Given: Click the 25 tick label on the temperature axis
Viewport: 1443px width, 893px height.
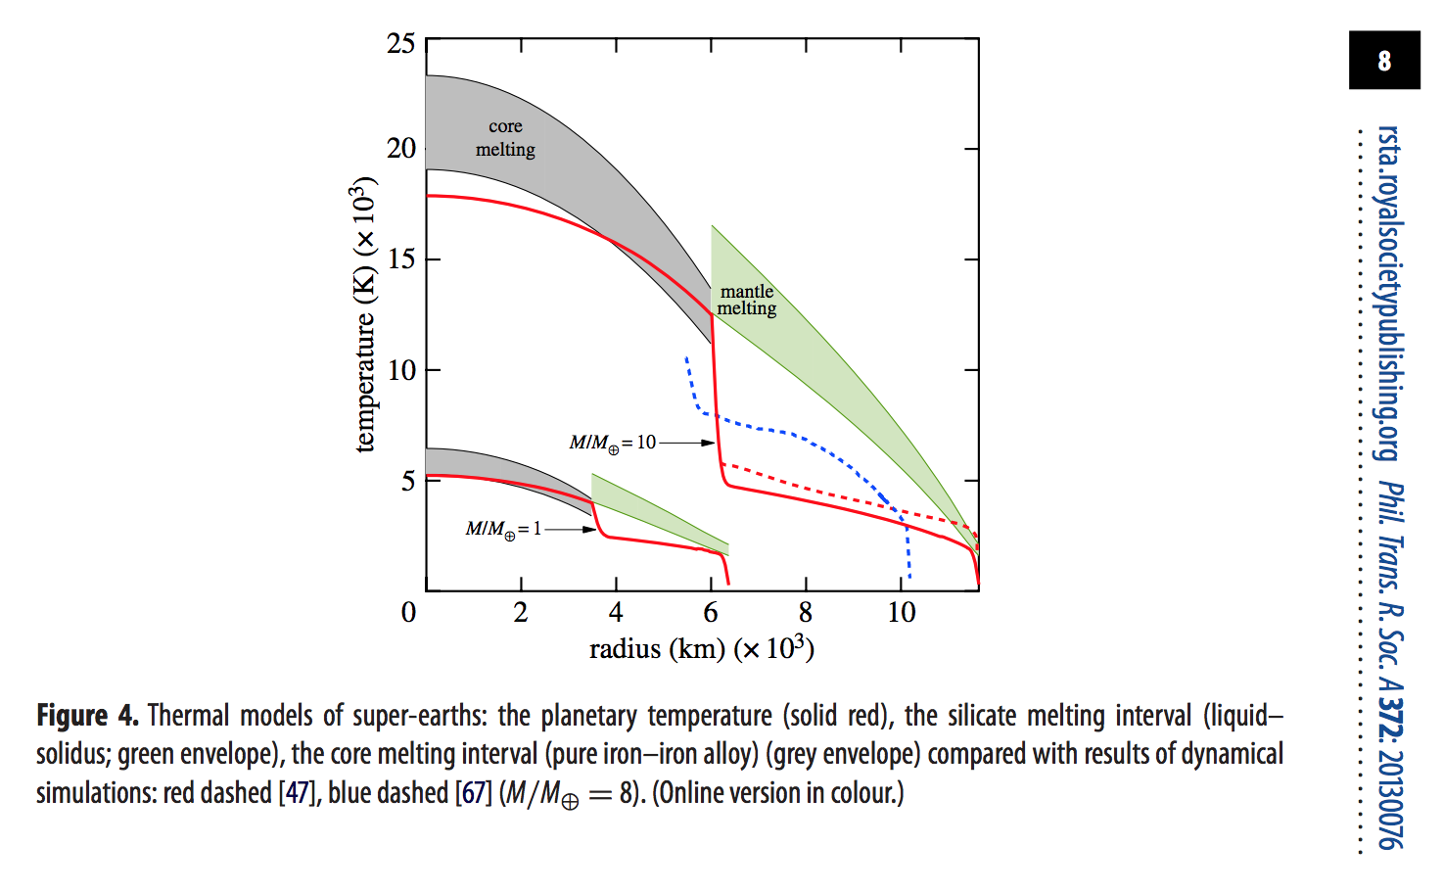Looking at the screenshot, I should (x=401, y=44).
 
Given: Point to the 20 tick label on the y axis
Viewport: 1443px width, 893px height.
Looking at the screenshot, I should (x=401, y=149).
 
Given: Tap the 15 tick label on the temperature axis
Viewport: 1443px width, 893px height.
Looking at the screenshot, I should (x=401, y=259).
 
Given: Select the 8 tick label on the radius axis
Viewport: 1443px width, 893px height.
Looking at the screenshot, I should (x=806, y=613).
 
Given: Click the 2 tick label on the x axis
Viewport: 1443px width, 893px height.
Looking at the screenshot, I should (x=521, y=613).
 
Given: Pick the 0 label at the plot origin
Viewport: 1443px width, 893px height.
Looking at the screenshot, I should (x=408, y=613).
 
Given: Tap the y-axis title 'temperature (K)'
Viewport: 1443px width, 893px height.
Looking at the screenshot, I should (x=363, y=313).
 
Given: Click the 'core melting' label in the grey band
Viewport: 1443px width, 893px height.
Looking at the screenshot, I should (x=505, y=138).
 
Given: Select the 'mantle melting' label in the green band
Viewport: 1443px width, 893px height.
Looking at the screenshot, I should (x=747, y=300).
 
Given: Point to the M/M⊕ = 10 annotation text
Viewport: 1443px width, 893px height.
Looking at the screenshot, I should (x=613, y=443).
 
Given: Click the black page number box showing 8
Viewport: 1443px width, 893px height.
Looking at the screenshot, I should (x=1384, y=61).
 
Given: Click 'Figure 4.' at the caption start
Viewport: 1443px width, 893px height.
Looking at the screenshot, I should (x=87, y=716).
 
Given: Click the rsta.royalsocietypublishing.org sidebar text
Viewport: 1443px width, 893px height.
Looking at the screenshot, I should (x=1387, y=294).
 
